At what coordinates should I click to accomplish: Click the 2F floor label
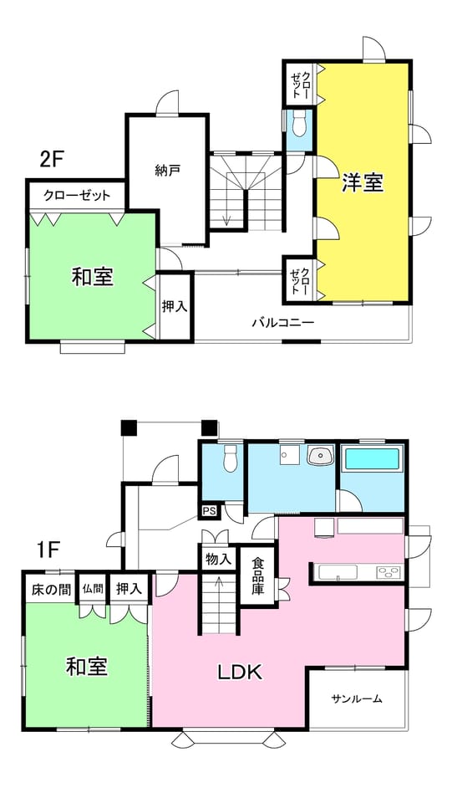pyautogui.click(x=51, y=160)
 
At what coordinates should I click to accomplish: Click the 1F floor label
pyautogui.click(x=49, y=551)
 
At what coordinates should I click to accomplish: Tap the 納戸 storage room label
pyautogui.click(x=167, y=170)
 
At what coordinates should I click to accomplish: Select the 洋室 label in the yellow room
pyautogui.click(x=363, y=183)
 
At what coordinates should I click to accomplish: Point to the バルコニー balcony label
pyautogui.click(x=282, y=323)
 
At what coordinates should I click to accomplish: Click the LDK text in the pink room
pyautogui.click(x=241, y=672)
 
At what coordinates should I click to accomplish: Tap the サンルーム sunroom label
pyautogui.click(x=357, y=698)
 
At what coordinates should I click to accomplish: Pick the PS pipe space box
pyautogui.click(x=210, y=511)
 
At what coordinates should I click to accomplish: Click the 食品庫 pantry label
pyautogui.click(x=257, y=575)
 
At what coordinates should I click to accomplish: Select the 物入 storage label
pyautogui.click(x=218, y=560)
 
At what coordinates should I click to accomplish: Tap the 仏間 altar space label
pyautogui.click(x=93, y=589)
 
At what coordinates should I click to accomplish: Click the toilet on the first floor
pyautogui.click(x=231, y=458)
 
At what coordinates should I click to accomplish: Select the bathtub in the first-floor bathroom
pyautogui.click(x=372, y=459)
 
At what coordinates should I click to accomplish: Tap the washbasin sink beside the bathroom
pyautogui.click(x=321, y=454)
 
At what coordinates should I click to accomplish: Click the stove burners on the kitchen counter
pyautogui.click(x=389, y=571)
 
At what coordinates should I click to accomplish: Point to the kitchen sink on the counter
pyautogui.click(x=338, y=571)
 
